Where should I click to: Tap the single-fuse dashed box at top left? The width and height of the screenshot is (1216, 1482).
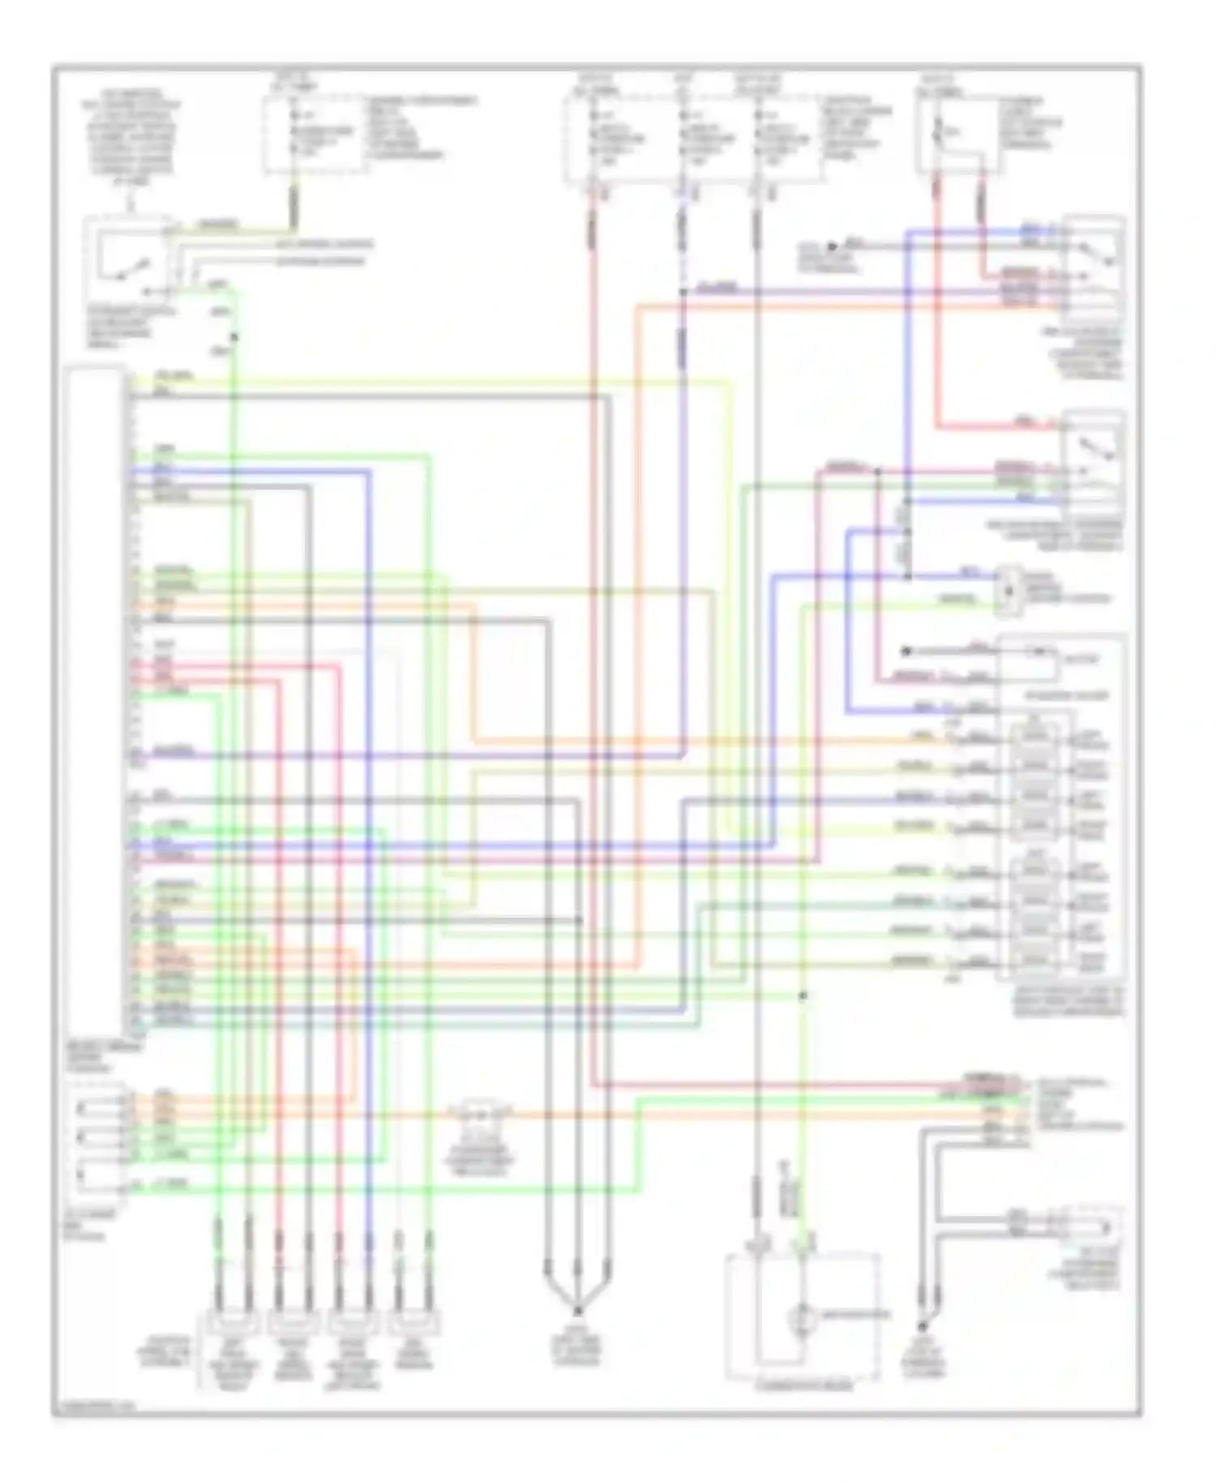tap(314, 135)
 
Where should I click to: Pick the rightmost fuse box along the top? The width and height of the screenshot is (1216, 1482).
tap(957, 135)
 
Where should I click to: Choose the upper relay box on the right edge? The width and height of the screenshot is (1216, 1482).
tap(1093, 268)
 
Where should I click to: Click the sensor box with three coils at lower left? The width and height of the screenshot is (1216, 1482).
tap(99, 1139)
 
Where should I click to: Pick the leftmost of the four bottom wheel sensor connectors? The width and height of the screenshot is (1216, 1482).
tap(233, 1324)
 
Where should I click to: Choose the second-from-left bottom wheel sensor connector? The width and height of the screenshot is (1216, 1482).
tap(293, 1324)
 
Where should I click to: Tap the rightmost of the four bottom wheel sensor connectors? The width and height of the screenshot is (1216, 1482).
tap(414, 1324)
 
